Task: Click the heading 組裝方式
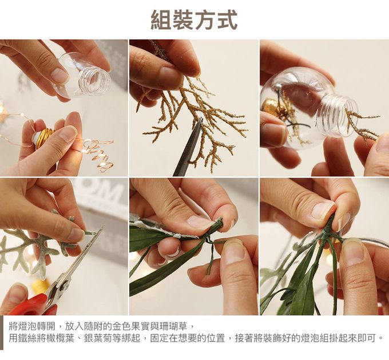[x=194, y=20]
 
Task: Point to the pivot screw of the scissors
[x=65, y=284]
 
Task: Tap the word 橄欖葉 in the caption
[x=61, y=338]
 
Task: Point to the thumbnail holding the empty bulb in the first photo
[x=58, y=74]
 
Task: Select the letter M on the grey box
[x=109, y=191]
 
